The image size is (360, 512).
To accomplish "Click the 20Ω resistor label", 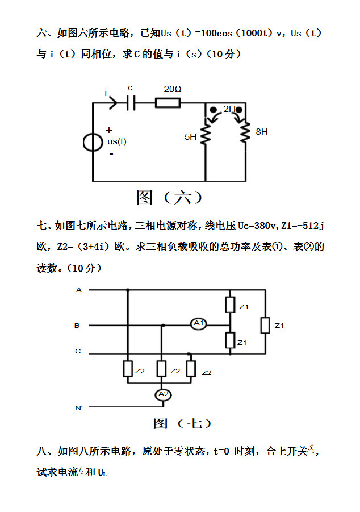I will tap(173, 90).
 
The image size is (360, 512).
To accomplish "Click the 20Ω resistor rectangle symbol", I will tap(168, 103).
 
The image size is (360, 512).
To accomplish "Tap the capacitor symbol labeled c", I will tap(131, 103).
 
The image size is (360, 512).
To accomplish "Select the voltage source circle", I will tap(93, 142).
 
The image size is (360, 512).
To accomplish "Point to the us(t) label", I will tap(117, 141).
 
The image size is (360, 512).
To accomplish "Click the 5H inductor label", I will tap(190, 136).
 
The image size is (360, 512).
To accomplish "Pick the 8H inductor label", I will tap(262, 131).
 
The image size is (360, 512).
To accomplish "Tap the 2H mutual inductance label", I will tap(229, 109).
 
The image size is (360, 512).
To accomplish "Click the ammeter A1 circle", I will tap(199, 324).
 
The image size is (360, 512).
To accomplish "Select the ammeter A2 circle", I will tap(163, 394).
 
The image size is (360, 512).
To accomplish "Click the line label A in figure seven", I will tap(79, 290).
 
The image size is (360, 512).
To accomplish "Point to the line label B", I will tap(77, 326).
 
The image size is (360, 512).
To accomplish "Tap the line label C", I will tap(78, 351).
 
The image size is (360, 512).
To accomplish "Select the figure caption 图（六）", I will tap(169, 198).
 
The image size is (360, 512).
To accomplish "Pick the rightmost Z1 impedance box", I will tap(265, 326).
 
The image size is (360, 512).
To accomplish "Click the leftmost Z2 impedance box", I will tap(127, 369).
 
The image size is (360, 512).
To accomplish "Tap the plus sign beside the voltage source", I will tap(109, 130).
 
